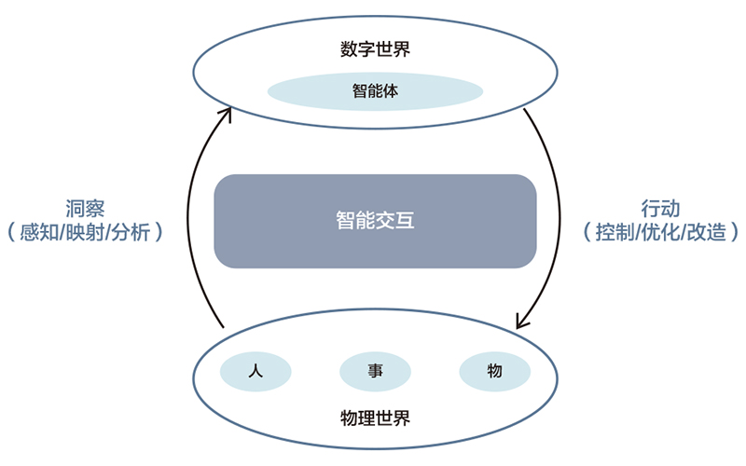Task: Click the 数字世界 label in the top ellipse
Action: (375, 49)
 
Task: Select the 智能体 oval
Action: (375, 92)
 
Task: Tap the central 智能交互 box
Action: (375, 221)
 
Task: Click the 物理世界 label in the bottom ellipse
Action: (375, 418)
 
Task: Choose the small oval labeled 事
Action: (375, 372)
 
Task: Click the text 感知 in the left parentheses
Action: (47, 232)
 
